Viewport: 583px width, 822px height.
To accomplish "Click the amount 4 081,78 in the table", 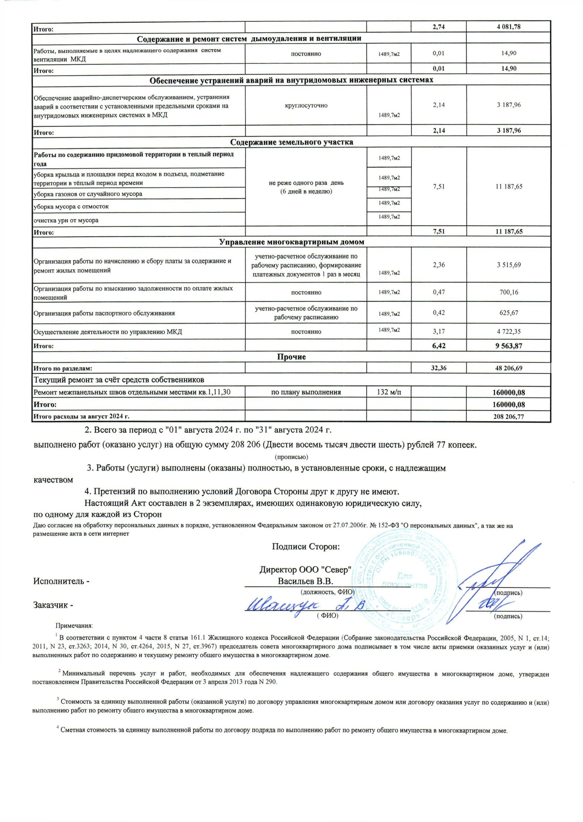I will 508,27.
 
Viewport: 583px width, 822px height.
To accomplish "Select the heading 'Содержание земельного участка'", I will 291,142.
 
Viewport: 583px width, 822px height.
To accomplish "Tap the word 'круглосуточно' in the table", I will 306,105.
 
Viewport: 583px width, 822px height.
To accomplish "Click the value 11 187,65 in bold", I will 509,232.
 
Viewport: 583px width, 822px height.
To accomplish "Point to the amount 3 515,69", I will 509,265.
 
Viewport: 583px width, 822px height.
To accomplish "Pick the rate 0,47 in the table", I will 438,292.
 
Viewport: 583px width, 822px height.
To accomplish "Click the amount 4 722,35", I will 509,331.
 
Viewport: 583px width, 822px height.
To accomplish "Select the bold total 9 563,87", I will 509,346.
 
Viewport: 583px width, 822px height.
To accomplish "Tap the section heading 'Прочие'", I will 291,357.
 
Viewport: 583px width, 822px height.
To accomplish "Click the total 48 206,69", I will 509,368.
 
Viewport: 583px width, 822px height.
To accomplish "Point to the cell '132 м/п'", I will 389,392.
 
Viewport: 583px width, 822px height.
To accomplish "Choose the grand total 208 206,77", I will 509,417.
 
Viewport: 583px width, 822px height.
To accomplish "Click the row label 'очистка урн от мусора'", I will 66,220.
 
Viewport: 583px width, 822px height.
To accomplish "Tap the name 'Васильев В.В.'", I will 305,581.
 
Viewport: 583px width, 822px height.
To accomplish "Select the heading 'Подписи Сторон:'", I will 306,547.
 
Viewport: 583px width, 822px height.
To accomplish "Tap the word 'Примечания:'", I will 74,626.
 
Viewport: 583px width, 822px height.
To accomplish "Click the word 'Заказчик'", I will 50,605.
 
